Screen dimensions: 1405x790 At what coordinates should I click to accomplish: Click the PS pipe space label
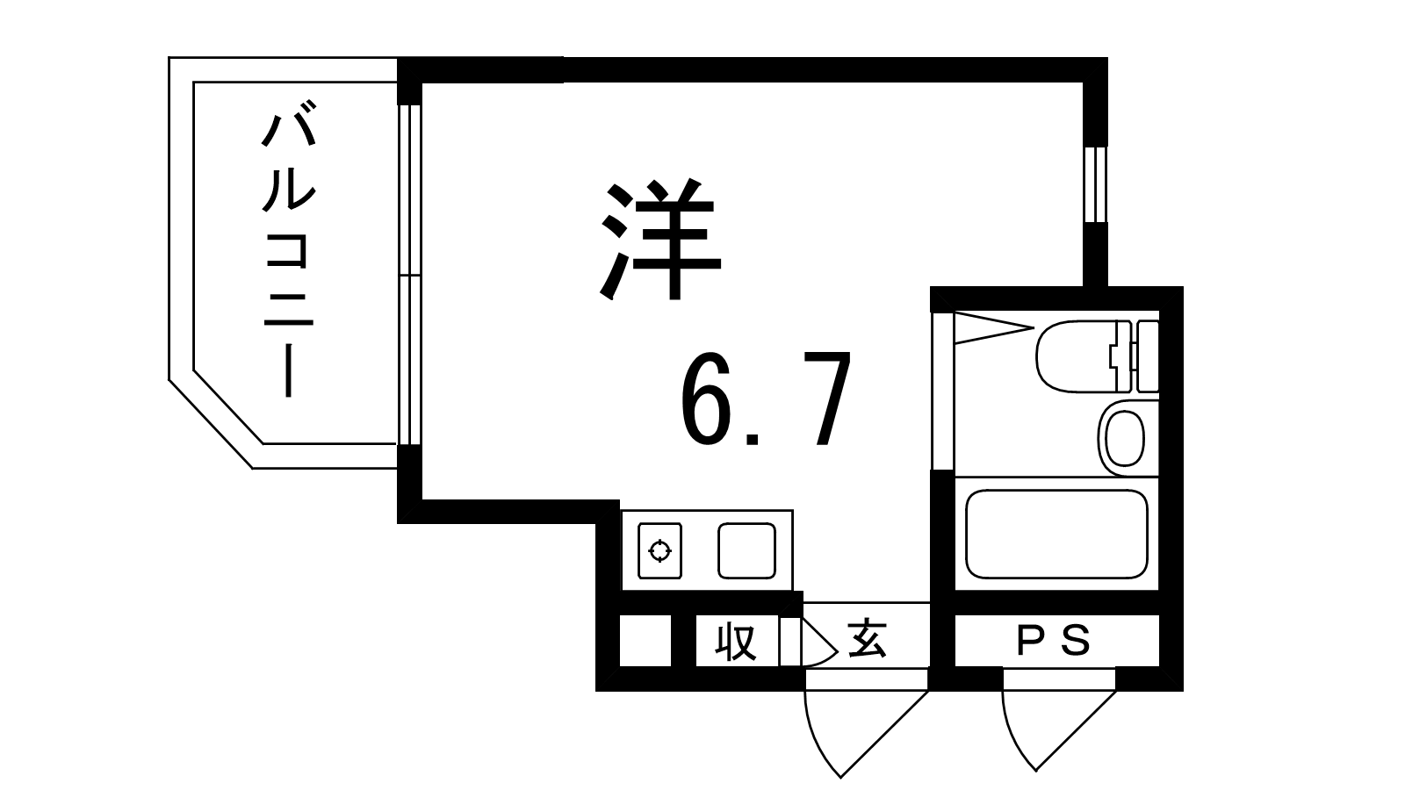point(1054,642)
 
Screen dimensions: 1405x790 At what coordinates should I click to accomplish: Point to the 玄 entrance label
point(868,640)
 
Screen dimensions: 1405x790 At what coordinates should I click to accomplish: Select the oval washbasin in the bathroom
point(1125,438)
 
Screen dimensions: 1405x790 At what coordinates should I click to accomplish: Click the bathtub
point(1057,534)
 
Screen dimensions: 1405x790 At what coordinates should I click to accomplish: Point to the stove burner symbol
point(659,550)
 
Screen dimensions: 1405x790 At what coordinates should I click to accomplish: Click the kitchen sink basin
point(746,550)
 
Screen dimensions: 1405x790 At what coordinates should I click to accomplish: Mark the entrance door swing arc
point(866,734)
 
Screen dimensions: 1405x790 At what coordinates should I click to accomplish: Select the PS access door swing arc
point(1059,730)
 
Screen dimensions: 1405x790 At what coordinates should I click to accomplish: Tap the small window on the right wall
point(1096,184)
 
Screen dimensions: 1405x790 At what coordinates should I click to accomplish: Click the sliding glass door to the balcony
point(409,275)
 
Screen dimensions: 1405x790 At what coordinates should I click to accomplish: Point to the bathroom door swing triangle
point(994,328)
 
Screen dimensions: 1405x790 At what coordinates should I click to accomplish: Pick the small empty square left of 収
point(645,641)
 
